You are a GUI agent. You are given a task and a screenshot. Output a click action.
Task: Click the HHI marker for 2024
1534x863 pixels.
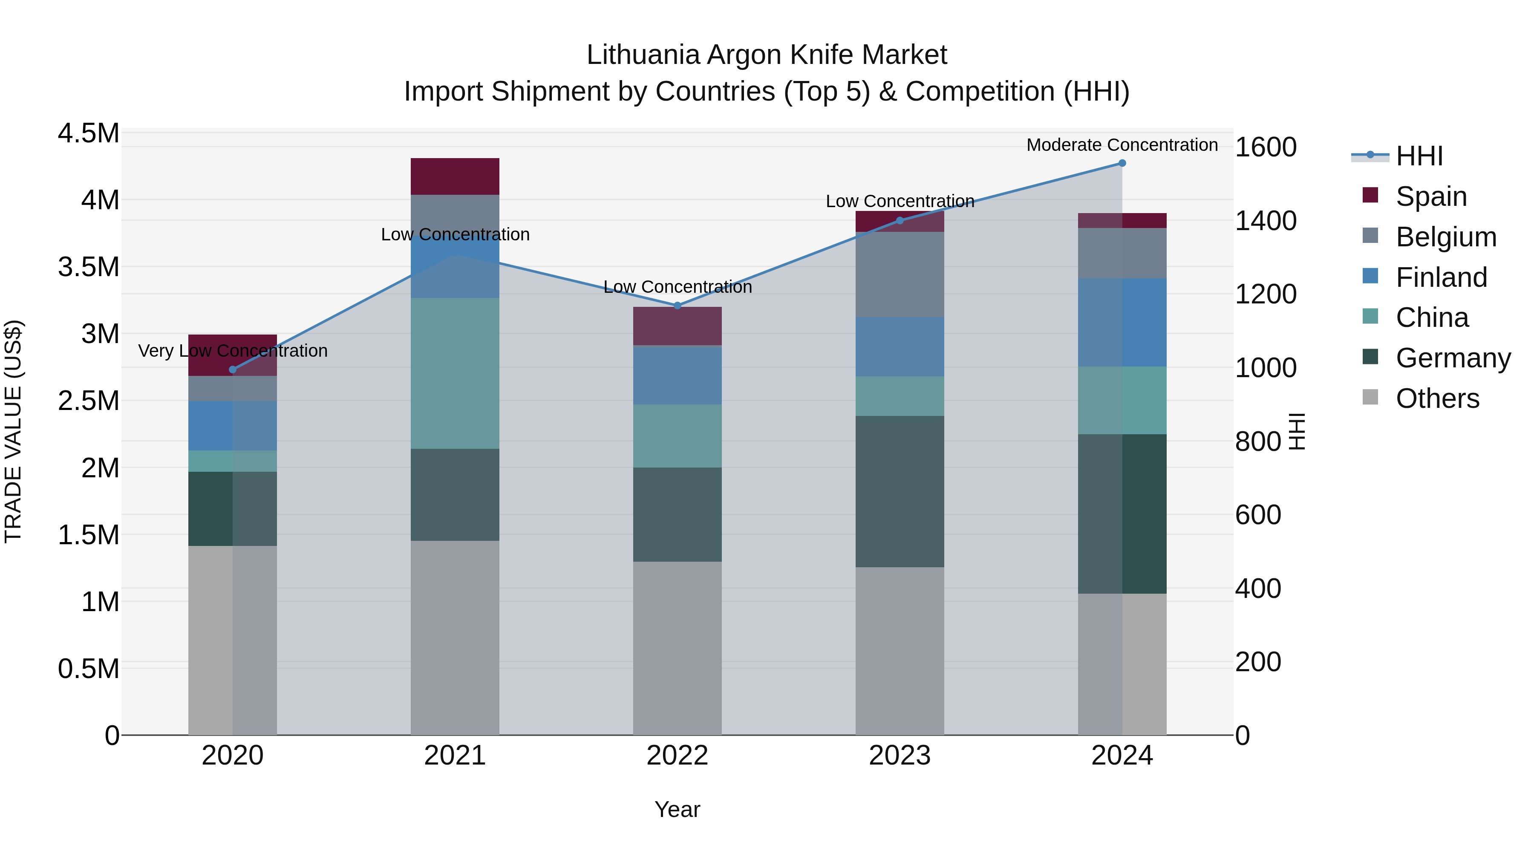click(1122, 163)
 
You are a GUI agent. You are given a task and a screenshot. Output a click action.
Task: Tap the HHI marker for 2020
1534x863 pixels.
click(232, 370)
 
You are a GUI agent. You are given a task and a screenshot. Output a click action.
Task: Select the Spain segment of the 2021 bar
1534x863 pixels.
click(455, 176)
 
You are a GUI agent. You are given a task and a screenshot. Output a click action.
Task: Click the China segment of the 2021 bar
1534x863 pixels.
click(455, 373)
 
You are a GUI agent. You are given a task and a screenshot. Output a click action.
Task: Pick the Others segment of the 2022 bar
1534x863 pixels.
click(677, 648)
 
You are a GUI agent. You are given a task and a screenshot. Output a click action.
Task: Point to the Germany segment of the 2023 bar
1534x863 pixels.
click(900, 491)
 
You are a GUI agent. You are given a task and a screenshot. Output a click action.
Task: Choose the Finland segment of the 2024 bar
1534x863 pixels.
click(1122, 322)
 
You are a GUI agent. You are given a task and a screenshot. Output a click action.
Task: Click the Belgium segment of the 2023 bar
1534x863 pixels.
click(900, 274)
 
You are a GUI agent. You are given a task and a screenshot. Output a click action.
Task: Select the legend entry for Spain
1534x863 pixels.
click(1431, 196)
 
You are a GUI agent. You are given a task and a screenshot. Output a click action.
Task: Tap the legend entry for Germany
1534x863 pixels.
click(1453, 358)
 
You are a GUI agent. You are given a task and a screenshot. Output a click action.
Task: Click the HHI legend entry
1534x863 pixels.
click(1419, 156)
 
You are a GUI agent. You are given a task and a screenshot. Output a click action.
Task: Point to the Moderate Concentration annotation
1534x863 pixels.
click(1122, 145)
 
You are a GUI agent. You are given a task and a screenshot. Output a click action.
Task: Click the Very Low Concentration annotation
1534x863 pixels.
click(232, 351)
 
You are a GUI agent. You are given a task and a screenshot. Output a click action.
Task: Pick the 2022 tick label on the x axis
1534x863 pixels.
click(677, 756)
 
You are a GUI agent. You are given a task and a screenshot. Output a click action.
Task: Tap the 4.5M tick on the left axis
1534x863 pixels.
click(88, 133)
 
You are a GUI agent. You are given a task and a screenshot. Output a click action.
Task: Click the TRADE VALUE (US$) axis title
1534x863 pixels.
click(13, 432)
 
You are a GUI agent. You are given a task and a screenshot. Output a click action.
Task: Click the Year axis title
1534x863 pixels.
click(677, 809)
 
